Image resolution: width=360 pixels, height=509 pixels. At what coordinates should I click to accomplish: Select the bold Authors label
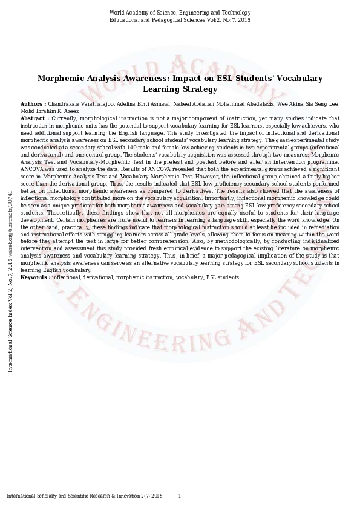pos(32,105)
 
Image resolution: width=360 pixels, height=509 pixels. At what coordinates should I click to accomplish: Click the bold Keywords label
pos(35,277)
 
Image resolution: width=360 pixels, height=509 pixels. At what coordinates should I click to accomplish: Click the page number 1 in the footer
pos(179,496)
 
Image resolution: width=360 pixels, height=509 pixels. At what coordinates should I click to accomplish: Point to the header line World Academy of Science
pos(179,13)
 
